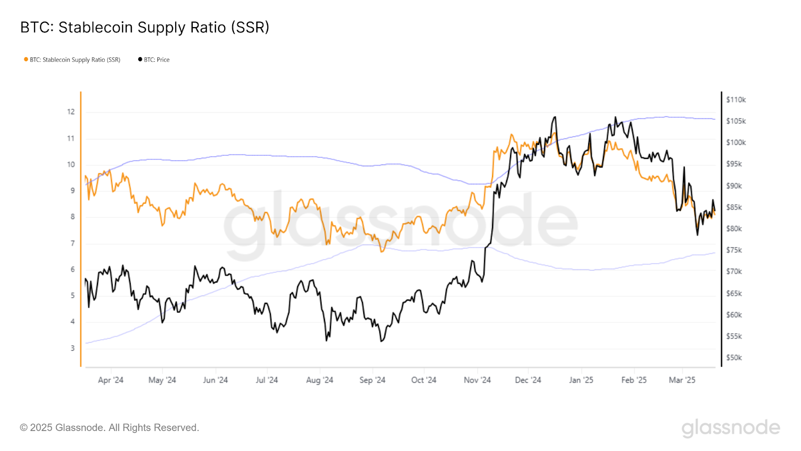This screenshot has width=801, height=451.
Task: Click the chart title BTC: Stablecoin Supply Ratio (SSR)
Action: pos(145,27)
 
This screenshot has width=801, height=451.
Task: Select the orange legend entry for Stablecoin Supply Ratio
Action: pos(75,60)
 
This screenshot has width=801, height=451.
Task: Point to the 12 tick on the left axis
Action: pos(71,112)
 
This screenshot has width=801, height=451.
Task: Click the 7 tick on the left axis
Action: pos(73,244)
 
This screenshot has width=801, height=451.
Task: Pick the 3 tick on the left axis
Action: pos(73,348)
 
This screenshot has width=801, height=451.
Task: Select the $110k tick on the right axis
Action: pos(736,100)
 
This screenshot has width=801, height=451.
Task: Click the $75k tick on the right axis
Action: pos(734,250)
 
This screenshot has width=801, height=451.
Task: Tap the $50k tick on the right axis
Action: pos(734,358)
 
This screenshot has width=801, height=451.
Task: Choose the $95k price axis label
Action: pos(734,164)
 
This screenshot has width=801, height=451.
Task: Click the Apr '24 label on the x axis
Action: pos(111,380)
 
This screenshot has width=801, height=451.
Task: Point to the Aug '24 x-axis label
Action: pos(319,380)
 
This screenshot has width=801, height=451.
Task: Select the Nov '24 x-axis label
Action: pos(477,380)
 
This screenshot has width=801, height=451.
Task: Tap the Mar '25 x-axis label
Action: pos(682,380)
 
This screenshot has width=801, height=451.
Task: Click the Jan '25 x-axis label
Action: pos(581,380)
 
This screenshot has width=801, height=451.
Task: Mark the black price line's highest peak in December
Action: pos(554,117)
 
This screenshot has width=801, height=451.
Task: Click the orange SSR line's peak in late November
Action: pos(511,134)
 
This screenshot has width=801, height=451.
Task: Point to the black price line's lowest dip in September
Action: pos(381,341)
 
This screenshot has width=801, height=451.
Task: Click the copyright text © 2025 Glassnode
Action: pos(110,427)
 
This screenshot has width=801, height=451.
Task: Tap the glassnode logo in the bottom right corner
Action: pos(730,428)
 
